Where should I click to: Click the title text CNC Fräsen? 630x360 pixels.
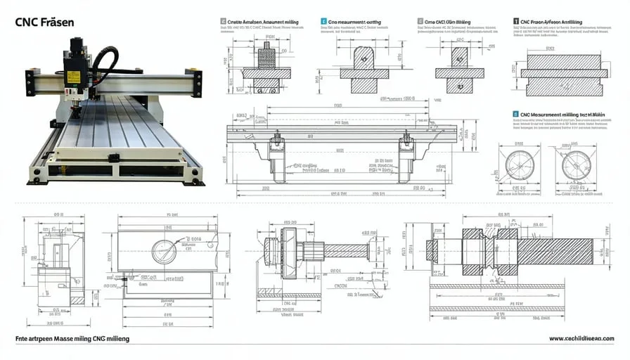click(x=44, y=22)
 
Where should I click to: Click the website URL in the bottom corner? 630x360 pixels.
click(x=581, y=339)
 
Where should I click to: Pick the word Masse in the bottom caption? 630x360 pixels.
click(x=62, y=339)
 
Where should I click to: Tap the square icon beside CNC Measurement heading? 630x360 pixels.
click(x=515, y=113)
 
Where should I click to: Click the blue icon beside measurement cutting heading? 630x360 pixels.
click(x=323, y=22)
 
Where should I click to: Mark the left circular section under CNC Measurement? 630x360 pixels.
click(x=521, y=163)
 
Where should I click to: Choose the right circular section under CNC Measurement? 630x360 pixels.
click(x=577, y=163)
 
